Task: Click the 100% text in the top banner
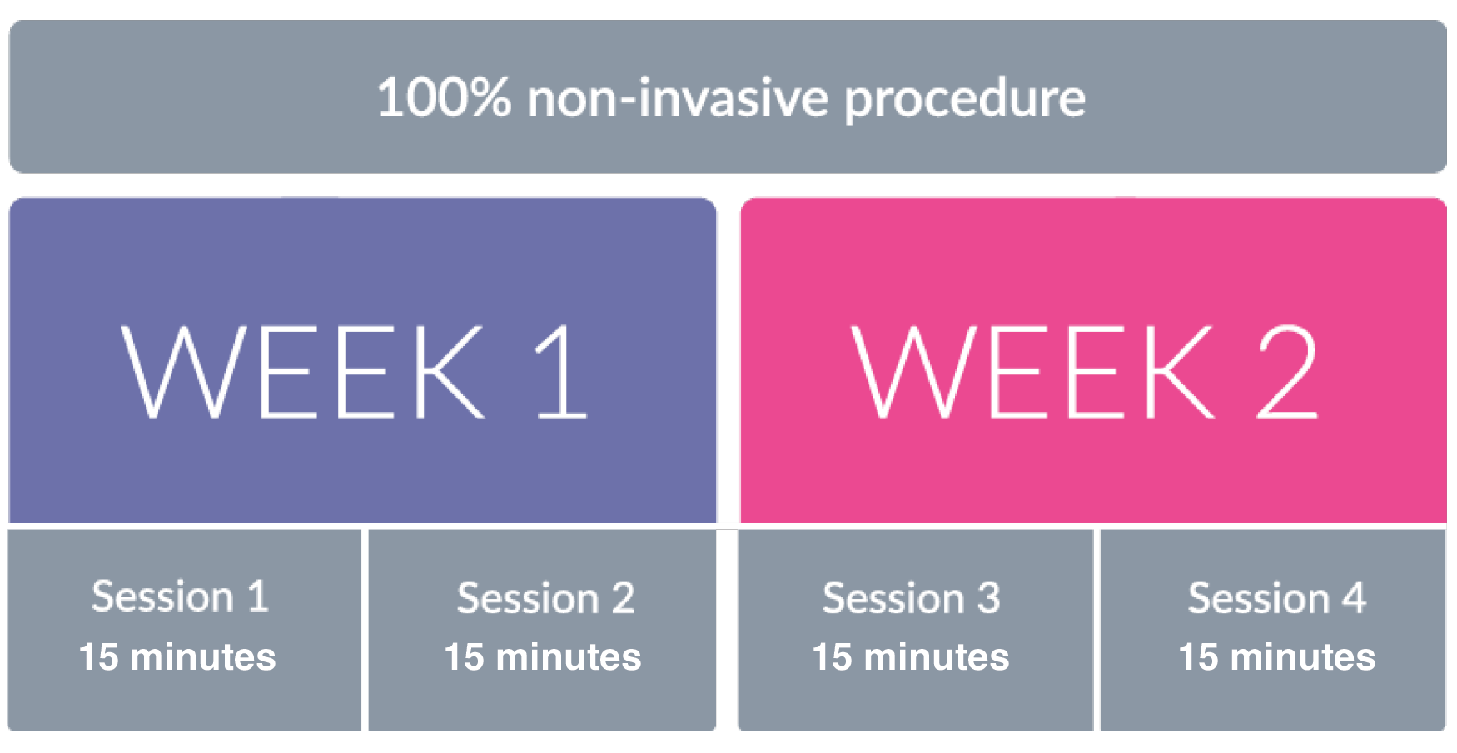pyautogui.click(x=444, y=97)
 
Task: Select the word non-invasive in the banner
pyautogui.click(x=678, y=97)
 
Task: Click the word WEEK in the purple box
pyautogui.click(x=302, y=371)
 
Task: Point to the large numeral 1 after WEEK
pyautogui.click(x=562, y=371)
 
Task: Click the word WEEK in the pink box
pyautogui.click(x=1032, y=371)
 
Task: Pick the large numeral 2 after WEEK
pyautogui.click(x=1287, y=371)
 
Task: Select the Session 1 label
pyautogui.click(x=180, y=597)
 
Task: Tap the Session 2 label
pyautogui.click(x=545, y=598)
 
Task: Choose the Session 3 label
pyautogui.click(x=911, y=598)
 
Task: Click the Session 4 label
pyautogui.click(x=1276, y=598)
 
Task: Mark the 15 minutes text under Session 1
pyautogui.click(x=177, y=656)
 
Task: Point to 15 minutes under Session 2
pyautogui.click(x=543, y=656)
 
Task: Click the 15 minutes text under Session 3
pyautogui.click(x=911, y=656)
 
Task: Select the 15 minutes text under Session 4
pyautogui.click(x=1277, y=656)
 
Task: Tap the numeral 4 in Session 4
pyautogui.click(x=1354, y=598)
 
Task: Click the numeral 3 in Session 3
pyautogui.click(x=988, y=598)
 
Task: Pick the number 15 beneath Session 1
pyautogui.click(x=98, y=656)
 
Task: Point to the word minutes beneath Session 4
pyautogui.click(x=1303, y=656)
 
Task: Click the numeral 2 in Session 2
pyautogui.click(x=623, y=598)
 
